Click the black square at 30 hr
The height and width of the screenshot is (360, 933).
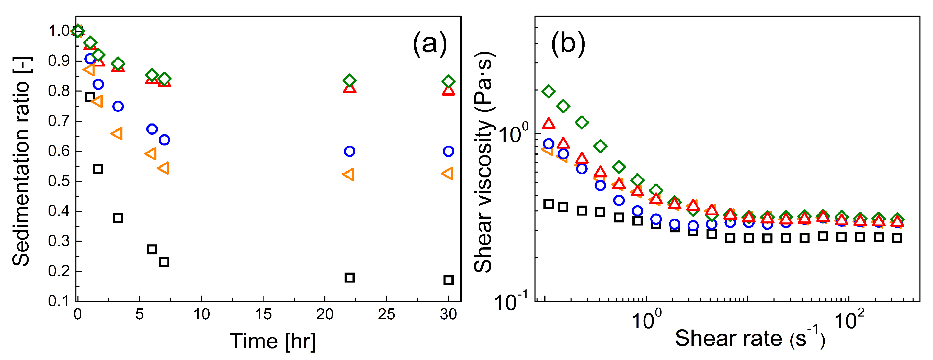click(448, 280)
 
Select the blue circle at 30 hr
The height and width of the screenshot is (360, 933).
click(448, 151)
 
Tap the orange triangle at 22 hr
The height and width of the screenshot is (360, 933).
click(348, 175)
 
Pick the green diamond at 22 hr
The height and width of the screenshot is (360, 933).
click(349, 80)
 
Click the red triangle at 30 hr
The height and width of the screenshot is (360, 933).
click(448, 90)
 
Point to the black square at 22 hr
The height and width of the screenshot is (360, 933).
click(349, 277)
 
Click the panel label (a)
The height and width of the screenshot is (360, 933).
click(430, 43)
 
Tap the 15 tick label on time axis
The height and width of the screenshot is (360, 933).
click(263, 314)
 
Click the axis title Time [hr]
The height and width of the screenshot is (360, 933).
click(273, 341)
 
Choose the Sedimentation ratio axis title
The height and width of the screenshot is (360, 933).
click(22, 161)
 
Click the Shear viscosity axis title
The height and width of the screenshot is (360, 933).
click(484, 161)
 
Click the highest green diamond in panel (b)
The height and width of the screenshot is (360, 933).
click(549, 91)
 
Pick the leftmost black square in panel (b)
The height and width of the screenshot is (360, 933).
click(549, 204)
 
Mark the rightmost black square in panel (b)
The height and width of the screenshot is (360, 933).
click(897, 238)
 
